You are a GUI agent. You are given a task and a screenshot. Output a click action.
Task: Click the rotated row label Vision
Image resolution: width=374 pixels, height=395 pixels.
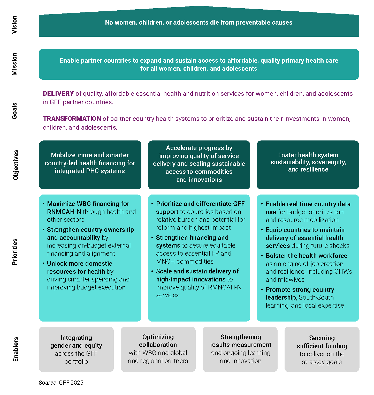[14, 25]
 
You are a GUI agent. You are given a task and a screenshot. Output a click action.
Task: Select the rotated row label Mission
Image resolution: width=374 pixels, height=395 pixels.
[14, 64]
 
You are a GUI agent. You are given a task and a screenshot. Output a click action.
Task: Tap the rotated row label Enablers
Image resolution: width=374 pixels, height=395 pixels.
[16, 349]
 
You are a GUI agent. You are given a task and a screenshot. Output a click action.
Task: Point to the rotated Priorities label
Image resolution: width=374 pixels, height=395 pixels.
[15, 252]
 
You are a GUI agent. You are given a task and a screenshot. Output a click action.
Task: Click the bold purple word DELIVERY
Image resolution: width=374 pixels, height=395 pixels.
[58, 94]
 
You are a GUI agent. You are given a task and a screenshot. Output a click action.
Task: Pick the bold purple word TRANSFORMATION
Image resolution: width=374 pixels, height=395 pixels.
[72, 119]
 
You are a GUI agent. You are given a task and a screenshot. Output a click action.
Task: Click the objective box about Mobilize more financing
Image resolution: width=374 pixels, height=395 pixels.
[90, 165]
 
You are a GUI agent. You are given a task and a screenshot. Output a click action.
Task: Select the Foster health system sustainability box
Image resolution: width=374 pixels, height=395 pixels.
[308, 165]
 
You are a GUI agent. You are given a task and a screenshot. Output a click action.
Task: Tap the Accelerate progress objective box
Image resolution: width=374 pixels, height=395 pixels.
[199, 165]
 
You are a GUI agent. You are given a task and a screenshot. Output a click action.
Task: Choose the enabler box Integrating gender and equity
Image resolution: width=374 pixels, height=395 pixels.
[76, 349]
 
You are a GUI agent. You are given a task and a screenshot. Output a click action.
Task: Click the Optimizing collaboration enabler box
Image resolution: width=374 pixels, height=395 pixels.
[158, 349]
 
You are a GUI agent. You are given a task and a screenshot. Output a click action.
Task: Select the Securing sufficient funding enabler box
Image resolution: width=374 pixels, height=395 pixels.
[322, 349]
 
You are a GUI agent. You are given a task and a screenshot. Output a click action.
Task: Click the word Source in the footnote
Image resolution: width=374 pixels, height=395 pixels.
[48, 383]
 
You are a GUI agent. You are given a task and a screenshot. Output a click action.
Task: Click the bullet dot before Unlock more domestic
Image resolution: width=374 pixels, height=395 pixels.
[43, 264]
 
